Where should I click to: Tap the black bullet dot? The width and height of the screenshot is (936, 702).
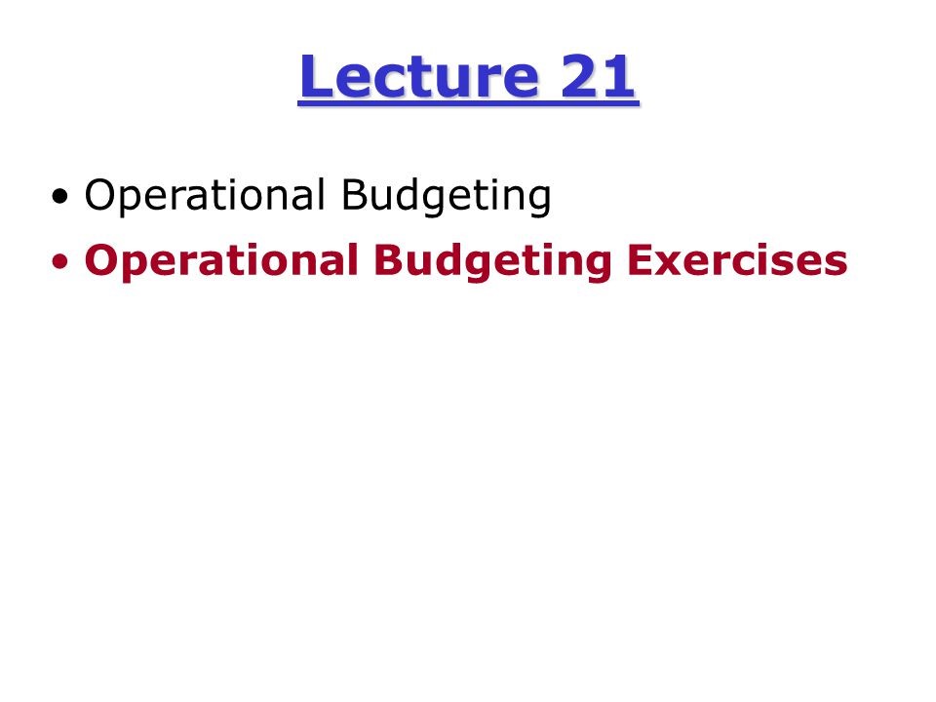point(62,197)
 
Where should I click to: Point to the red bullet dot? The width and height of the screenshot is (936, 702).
point(62,261)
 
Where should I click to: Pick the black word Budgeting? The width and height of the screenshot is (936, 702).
point(446,197)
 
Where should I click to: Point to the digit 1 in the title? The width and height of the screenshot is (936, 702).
point(620,78)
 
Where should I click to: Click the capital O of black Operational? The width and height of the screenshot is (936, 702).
point(99,196)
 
